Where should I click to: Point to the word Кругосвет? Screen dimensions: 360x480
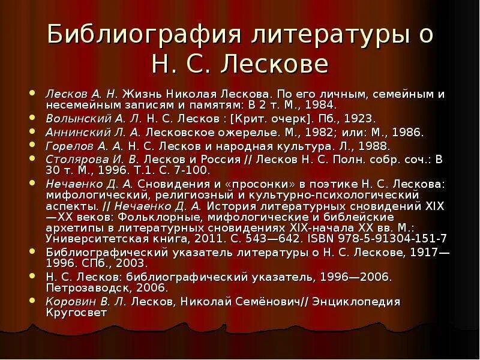pyautogui.click(x=76, y=312)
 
